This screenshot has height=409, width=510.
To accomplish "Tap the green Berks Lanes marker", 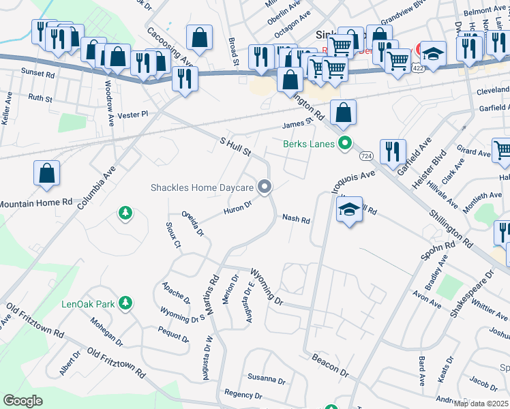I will (345, 143).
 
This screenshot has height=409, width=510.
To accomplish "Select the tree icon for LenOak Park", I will (125, 302).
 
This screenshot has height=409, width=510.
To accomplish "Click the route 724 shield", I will (366, 156).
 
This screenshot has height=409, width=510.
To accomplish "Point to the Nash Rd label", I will (297, 220).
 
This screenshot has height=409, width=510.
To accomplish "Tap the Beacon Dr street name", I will (331, 367).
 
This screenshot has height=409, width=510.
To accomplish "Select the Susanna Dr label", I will (266, 378).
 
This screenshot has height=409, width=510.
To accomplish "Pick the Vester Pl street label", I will (132, 115).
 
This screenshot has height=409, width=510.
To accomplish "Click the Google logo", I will (22, 401).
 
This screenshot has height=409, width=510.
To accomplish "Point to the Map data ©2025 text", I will (481, 404).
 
